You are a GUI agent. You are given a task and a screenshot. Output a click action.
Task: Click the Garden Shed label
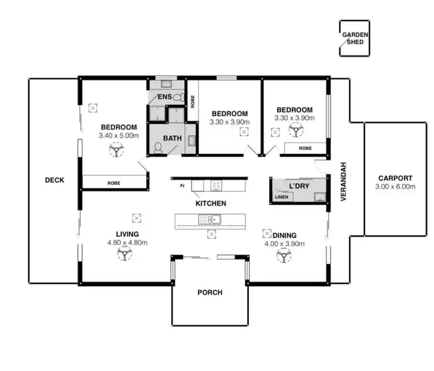click(x=354, y=38)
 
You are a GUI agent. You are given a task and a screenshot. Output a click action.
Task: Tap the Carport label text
click(x=395, y=178)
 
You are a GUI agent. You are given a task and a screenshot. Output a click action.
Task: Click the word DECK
click(x=54, y=180)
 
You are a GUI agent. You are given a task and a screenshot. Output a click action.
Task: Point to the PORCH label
click(x=209, y=293)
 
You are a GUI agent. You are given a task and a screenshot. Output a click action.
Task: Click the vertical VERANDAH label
click(x=343, y=181)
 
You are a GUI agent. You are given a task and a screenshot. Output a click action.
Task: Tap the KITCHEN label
click(x=211, y=203)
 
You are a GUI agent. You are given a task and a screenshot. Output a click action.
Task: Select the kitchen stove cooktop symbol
click(x=215, y=185)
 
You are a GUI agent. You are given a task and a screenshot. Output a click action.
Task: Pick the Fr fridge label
click(x=182, y=185)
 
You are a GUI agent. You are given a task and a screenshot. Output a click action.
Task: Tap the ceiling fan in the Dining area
click(x=283, y=255)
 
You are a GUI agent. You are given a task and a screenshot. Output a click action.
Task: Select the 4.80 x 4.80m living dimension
click(x=127, y=242)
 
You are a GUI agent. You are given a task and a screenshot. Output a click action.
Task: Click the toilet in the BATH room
click(x=158, y=147)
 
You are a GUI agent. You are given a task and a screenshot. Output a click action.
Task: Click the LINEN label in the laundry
click(x=282, y=197)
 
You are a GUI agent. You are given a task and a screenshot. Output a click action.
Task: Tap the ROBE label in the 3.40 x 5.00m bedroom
click(x=113, y=183)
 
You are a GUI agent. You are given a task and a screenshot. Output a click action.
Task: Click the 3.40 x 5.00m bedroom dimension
click(x=119, y=136)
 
